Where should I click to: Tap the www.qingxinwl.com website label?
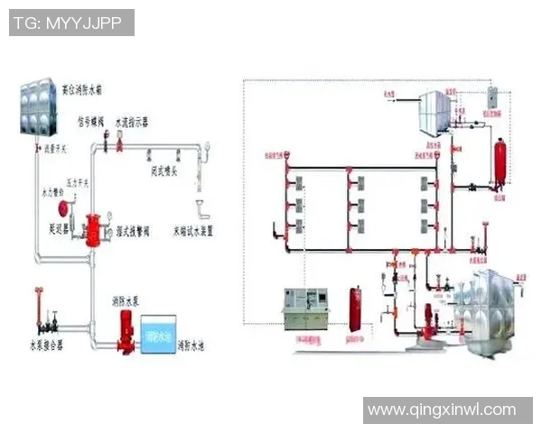coord(442,410)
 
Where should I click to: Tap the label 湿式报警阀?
coord(135,231)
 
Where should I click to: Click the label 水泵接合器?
coord(45,345)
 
